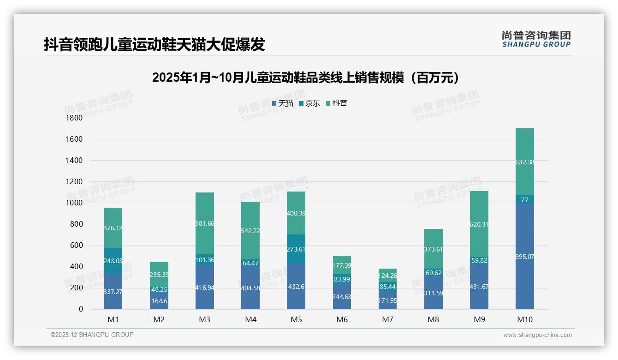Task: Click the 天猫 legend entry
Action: coord(283,103)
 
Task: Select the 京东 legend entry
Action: coord(309,103)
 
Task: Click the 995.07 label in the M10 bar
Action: coord(525,257)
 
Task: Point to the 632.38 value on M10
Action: coord(525,162)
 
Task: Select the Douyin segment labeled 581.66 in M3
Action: coord(205,223)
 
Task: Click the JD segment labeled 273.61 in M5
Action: coord(296,249)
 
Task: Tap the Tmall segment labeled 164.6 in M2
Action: coord(159,300)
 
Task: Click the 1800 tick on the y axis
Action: coord(74,118)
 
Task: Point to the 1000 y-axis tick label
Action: coord(74,203)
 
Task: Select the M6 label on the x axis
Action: coord(342,319)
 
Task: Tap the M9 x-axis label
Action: coord(479,319)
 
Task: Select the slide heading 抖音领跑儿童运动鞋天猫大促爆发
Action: coord(154,44)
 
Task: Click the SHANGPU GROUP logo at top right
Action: coord(536,39)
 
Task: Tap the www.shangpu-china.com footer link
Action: coord(537,335)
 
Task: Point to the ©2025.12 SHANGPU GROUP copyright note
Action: coord(92,335)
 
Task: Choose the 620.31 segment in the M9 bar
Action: coord(479,224)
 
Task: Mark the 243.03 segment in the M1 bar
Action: coord(113,261)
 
